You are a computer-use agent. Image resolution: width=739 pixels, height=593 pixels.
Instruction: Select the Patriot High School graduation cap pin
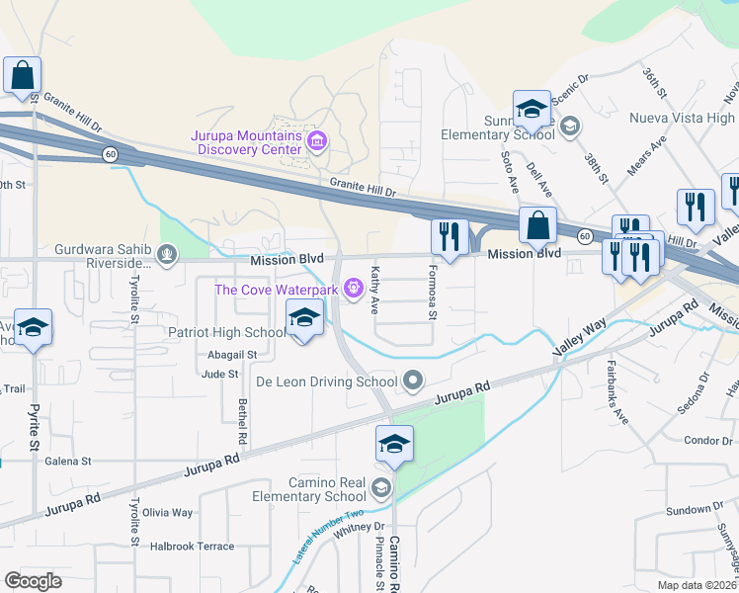[x=304, y=319]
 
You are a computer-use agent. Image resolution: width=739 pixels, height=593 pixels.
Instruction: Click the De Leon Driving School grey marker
[x=413, y=381]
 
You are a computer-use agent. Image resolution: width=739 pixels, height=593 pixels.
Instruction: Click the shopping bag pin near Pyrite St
[x=21, y=75]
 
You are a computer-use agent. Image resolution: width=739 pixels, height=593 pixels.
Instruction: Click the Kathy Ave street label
[x=375, y=290]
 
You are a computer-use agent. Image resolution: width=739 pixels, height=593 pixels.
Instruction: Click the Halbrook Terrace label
[x=192, y=546]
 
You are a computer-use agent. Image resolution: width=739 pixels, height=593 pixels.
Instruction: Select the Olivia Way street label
[x=168, y=512]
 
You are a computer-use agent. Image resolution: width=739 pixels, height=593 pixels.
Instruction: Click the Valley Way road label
[x=581, y=341]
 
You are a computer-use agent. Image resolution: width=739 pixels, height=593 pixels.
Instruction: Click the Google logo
[x=33, y=581]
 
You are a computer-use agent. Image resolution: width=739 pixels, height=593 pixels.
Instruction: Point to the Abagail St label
[x=232, y=354]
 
